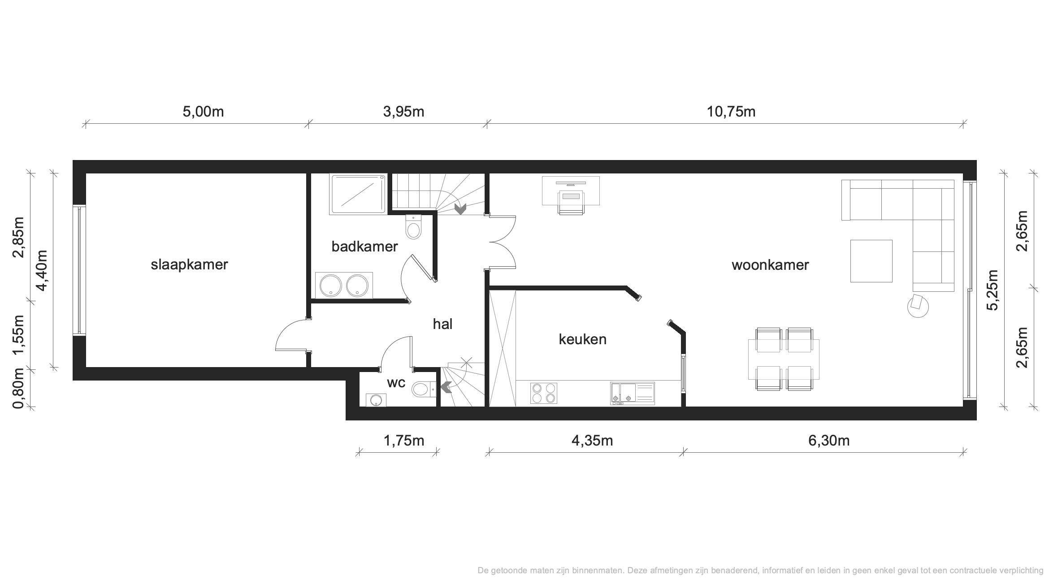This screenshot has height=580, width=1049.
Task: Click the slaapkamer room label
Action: coord(189,265)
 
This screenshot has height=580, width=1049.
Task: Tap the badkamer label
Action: coord(364,247)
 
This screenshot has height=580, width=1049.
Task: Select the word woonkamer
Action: coord(770,265)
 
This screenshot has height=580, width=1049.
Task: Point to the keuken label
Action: coord(582,339)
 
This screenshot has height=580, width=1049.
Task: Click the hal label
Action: coord(442,324)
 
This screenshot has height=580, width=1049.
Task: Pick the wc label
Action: coord(396,383)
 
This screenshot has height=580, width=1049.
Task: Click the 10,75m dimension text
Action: coord(731,112)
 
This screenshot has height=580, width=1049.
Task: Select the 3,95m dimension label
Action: coord(403,112)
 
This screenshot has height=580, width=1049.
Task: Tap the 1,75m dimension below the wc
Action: coord(403,441)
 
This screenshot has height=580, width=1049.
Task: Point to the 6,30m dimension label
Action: coord(829,441)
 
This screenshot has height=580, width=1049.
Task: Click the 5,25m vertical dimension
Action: coord(993,290)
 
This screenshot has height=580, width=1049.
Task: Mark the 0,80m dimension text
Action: coord(18,389)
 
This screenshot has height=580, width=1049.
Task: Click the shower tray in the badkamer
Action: coord(358,195)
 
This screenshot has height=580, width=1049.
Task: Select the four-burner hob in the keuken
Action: coord(543,393)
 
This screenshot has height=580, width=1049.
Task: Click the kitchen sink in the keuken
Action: coord(632,394)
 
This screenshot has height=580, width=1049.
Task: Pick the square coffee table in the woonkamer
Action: coord(871,261)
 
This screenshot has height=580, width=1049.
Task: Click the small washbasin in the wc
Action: coord(376,400)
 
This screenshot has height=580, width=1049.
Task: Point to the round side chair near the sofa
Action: coord(918,306)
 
